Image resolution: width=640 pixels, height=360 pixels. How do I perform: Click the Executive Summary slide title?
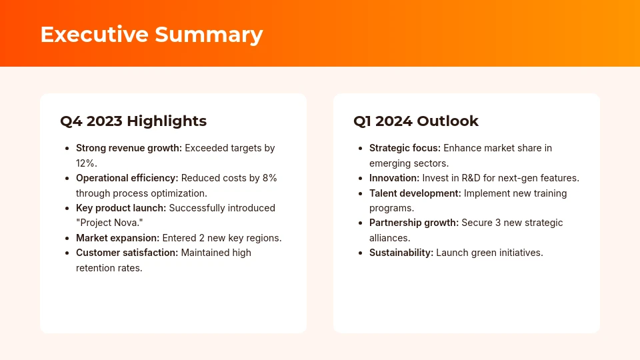(x=151, y=34)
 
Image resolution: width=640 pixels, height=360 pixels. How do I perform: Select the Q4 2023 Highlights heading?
(x=133, y=121)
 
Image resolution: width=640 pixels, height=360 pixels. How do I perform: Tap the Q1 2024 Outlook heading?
(x=416, y=121)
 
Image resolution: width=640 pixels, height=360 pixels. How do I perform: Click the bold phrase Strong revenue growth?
(x=129, y=148)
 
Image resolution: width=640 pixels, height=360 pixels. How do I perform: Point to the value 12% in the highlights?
(x=87, y=163)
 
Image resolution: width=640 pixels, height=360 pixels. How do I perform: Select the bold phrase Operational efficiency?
(x=127, y=178)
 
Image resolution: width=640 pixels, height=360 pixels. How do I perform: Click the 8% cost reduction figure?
(x=269, y=178)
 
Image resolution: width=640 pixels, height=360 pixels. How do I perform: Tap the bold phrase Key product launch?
(x=121, y=208)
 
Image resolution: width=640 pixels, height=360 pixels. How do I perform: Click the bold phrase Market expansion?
(x=117, y=238)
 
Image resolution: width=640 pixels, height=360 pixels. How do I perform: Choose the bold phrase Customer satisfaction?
(x=127, y=253)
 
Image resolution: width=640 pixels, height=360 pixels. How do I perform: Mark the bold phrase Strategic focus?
(x=405, y=148)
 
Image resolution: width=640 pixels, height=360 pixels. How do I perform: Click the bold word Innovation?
(x=394, y=178)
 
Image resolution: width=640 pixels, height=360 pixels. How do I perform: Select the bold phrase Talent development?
(x=415, y=193)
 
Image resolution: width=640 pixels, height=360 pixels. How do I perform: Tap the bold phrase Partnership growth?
(x=414, y=223)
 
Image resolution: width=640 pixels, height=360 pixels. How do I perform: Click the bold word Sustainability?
(x=401, y=253)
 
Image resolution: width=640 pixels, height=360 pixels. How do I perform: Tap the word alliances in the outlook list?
(x=389, y=237)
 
